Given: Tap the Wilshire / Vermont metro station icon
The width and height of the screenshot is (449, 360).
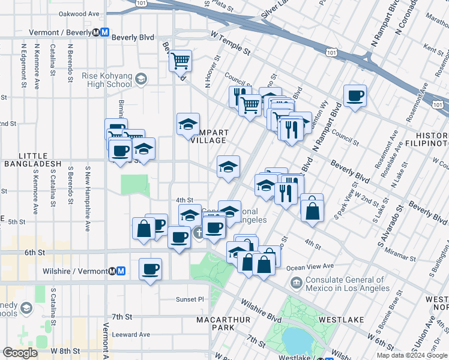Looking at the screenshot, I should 121,271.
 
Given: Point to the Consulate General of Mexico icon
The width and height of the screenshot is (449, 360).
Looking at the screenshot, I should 296,282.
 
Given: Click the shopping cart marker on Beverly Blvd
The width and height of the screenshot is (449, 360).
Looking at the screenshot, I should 180,61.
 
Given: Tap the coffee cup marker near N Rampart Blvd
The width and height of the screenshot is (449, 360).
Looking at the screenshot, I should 355,95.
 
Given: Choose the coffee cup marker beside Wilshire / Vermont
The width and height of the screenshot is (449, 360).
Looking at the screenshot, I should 150,268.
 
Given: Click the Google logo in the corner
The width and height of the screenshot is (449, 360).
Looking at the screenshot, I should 20,353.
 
